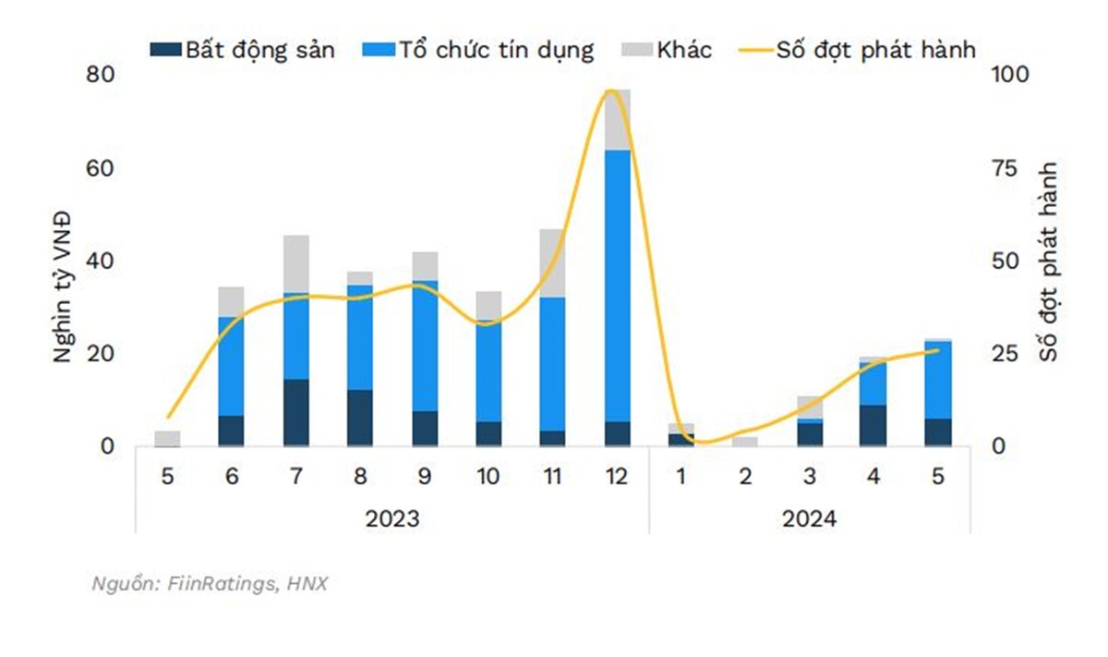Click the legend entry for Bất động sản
[x=242, y=50]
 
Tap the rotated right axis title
[x=1047, y=262]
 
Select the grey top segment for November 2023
[x=552, y=263]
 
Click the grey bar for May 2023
[x=167, y=439]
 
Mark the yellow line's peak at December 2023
[x=610, y=90]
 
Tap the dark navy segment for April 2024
[x=873, y=426]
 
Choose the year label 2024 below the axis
[x=809, y=519]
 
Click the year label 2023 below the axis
[x=391, y=519]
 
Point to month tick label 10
[x=488, y=477]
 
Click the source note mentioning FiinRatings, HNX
[x=211, y=584]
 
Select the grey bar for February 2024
[x=744, y=442]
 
